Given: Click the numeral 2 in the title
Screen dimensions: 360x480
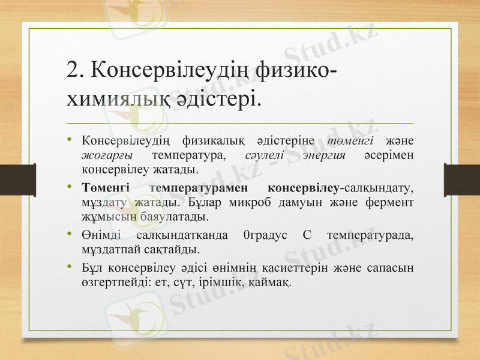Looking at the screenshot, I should click(73, 70).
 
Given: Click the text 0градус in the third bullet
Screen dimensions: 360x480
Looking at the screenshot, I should click(264, 234).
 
